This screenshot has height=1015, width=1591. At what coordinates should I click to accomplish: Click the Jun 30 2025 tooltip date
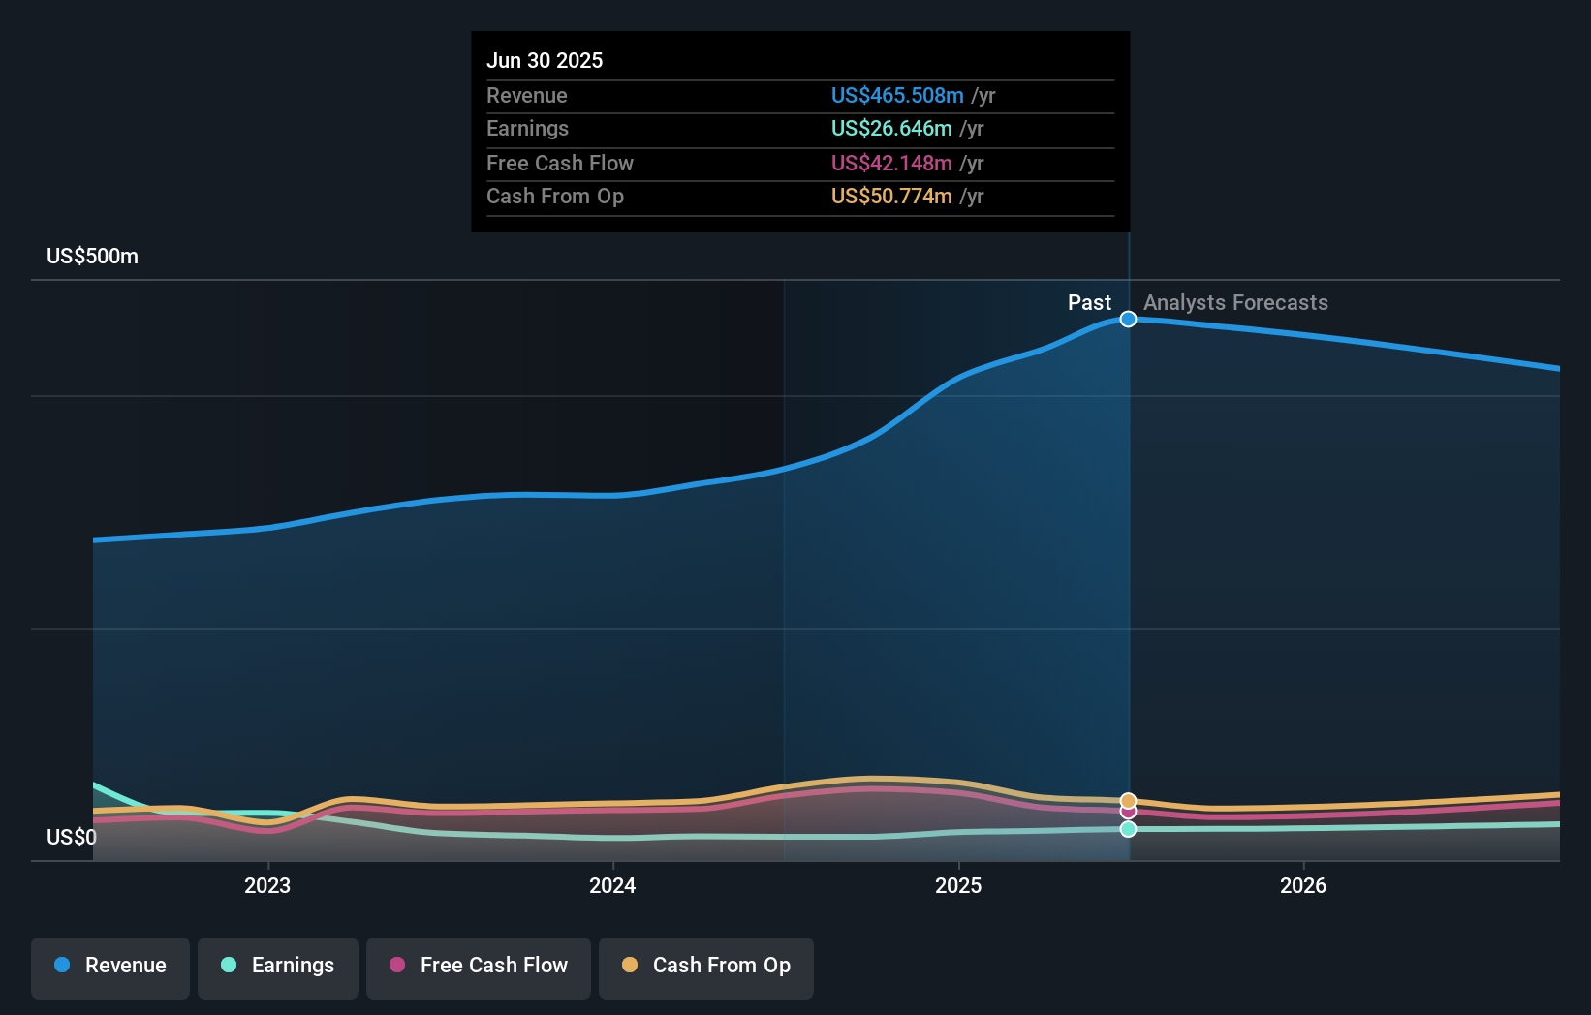(545, 60)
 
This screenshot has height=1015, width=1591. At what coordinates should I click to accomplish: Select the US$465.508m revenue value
(896, 95)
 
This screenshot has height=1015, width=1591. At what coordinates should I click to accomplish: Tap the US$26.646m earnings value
(890, 128)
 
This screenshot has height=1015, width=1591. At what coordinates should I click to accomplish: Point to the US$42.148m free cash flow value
(890, 163)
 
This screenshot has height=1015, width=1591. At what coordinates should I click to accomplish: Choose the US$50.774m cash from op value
(890, 196)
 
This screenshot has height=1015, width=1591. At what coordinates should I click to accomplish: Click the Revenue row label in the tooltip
(526, 95)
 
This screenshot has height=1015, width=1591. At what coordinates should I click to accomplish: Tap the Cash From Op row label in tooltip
(554, 196)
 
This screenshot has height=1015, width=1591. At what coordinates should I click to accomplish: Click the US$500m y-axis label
(92, 256)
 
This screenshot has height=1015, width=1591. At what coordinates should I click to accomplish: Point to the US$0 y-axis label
(72, 837)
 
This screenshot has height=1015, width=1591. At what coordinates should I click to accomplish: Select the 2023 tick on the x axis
(267, 885)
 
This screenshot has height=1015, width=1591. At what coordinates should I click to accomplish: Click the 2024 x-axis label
(612, 885)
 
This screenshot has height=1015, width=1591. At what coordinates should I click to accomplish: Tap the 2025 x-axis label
(958, 885)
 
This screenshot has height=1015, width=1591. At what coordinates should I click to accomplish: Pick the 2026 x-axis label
(1303, 885)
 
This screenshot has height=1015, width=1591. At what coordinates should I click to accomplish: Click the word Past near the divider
(1089, 302)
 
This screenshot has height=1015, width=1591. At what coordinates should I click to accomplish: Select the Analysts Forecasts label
(1235, 302)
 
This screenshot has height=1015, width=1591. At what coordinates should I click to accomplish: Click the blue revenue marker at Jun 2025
(1128, 319)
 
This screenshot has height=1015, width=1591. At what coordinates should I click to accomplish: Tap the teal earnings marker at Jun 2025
(1128, 829)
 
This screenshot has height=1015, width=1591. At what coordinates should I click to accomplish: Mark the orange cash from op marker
(1128, 800)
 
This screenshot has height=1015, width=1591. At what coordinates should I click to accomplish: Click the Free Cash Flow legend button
(479, 966)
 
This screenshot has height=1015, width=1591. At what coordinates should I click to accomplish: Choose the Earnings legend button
(278, 966)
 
